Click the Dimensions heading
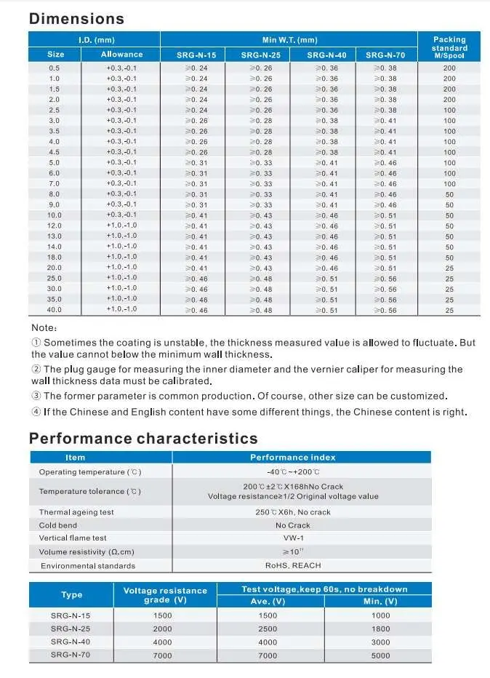point(76,19)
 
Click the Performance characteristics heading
point(143,438)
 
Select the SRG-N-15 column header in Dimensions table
point(196,55)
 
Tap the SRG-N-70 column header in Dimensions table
point(385,55)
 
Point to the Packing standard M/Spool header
point(449,47)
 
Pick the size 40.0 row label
point(55,309)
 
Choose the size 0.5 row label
point(55,68)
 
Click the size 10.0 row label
point(55,215)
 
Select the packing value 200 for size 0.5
point(449,68)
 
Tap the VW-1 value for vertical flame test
point(293,538)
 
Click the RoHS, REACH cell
point(293,565)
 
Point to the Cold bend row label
point(58,525)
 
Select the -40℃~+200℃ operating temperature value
point(293,472)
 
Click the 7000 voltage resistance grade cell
point(163,655)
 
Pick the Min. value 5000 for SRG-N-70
point(380,655)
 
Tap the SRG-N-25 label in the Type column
point(71,629)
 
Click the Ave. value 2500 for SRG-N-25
point(268,629)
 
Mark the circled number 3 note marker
point(36,396)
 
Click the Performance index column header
point(293,458)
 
